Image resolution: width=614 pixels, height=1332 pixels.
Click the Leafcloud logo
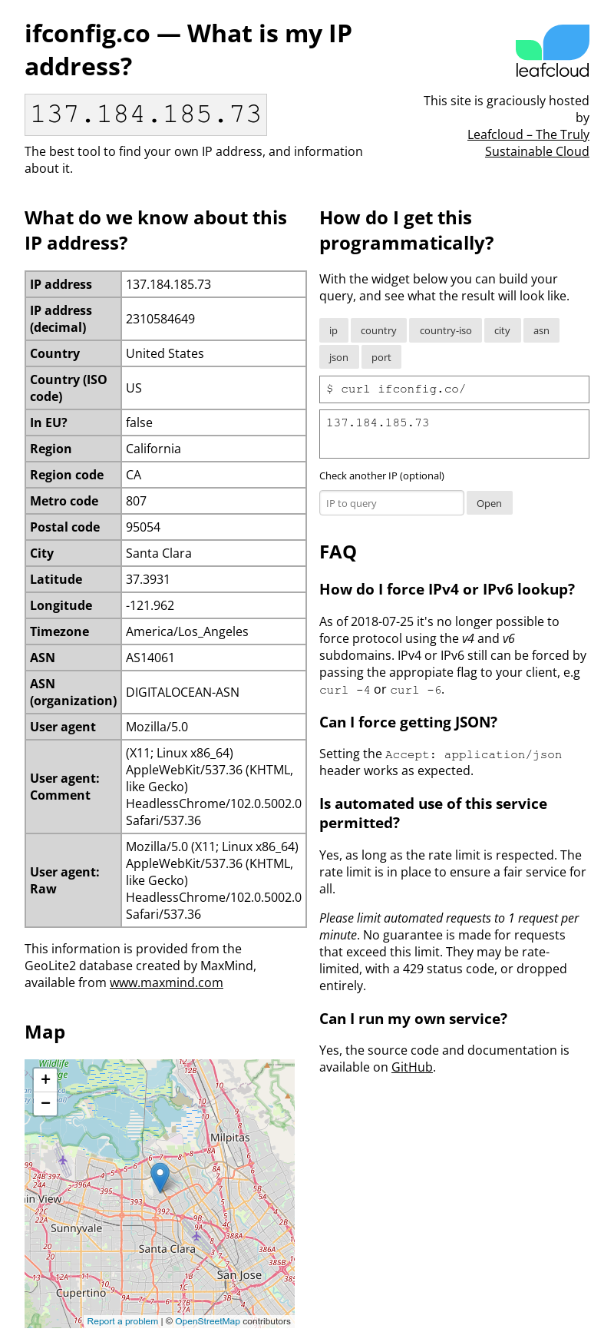tap(552, 51)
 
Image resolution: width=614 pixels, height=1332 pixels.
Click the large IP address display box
tap(146, 114)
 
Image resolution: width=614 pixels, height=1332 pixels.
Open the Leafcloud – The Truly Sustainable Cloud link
tap(529, 143)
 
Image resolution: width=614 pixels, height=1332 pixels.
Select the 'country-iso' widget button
tap(445, 330)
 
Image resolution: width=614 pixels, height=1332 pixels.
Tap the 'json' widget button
tap(338, 357)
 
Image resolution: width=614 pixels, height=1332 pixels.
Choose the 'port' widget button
tap(381, 357)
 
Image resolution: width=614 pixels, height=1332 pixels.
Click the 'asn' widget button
tap(541, 330)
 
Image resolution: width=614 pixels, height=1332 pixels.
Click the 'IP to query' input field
tap(391, 503)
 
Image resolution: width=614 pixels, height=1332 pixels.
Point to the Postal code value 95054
tap(144, 527)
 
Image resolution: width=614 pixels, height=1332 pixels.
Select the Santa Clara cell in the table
tap(159, 553)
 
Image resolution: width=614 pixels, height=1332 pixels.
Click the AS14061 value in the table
tap(150, 658)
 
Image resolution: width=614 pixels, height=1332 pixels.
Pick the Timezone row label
tap(60, 631)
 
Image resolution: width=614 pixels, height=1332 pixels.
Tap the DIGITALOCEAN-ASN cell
tap(183, 692)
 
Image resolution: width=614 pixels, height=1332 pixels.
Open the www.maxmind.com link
tap(167, 982)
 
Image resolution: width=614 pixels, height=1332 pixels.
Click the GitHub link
tap(412, 1067)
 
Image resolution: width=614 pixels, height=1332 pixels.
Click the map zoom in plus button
tap(45, 1079)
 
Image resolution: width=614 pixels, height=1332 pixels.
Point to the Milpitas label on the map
tap(230, 1138)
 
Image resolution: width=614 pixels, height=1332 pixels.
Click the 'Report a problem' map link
tap(123, 1321)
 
